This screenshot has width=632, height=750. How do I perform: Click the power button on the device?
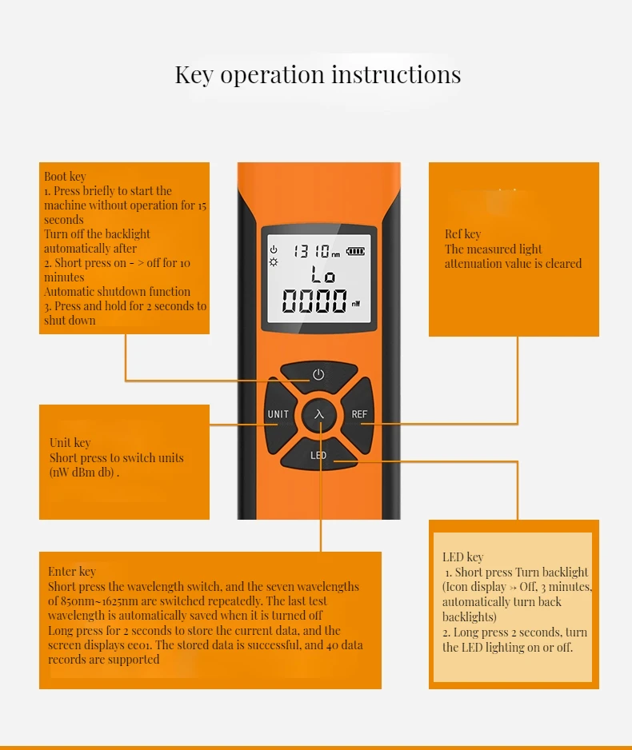tap(318, 374)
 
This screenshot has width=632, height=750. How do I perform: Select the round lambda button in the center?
tap(319, 414)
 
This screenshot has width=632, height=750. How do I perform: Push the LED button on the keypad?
tap(318, 455)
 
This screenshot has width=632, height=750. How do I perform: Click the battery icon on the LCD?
tap(354, 251)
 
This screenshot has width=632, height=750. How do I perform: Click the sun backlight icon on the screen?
tap(274, 262)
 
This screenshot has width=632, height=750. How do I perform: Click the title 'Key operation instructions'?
tap(318, 75)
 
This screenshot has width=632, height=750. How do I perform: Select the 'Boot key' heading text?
tap(65, 177)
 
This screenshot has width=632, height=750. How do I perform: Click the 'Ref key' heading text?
tap(462, 234)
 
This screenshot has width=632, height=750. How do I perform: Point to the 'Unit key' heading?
tap(70, 443)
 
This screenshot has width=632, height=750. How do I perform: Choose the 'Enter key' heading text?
tap(71, 572)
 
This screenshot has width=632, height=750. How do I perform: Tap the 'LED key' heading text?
tap(462, 557)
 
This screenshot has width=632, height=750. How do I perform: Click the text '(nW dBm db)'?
tap(84, 473)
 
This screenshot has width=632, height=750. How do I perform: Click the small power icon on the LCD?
tap(274, 249)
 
